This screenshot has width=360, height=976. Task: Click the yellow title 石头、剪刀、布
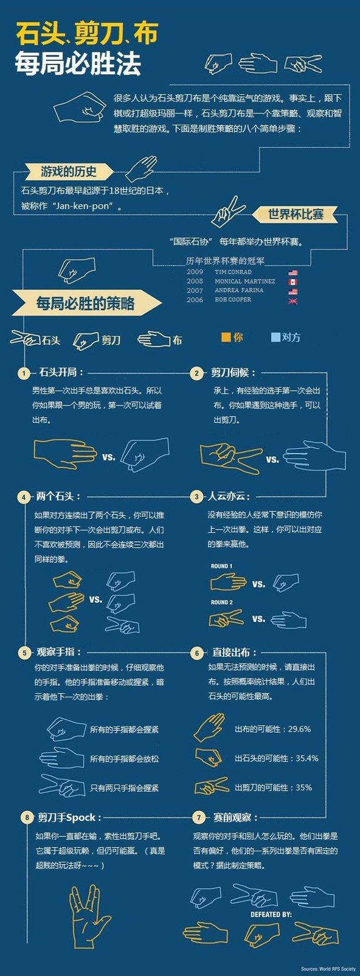87,34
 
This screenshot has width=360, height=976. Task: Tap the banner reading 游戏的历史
69,171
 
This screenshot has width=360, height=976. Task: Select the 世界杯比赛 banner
296,214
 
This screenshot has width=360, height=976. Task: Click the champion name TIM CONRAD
233,272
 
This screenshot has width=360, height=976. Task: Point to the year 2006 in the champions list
195,300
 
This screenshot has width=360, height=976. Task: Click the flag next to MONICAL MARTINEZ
292,282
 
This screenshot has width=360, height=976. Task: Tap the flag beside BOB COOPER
292,300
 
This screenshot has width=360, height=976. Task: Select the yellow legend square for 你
226,337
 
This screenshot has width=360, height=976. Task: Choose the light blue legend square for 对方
275,337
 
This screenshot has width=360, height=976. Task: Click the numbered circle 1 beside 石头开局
24,373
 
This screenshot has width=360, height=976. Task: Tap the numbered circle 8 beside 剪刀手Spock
27,817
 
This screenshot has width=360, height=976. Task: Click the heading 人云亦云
229,496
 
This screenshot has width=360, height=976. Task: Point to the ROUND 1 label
221,566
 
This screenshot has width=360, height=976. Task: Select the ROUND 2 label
221,602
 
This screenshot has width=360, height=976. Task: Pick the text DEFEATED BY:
271,914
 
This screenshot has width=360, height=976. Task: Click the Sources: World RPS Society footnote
328,969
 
